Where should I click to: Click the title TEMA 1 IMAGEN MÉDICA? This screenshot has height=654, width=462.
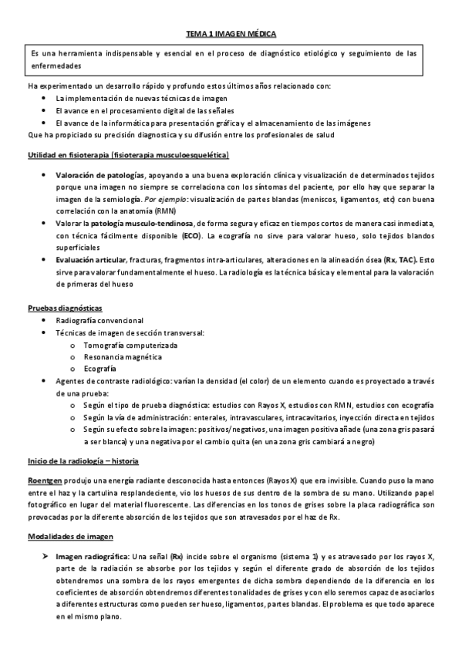tap(231, 35)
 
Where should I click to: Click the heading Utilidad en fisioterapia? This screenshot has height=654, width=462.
tap(133, 155)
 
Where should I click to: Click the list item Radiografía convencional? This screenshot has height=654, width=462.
tap(99, 320)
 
